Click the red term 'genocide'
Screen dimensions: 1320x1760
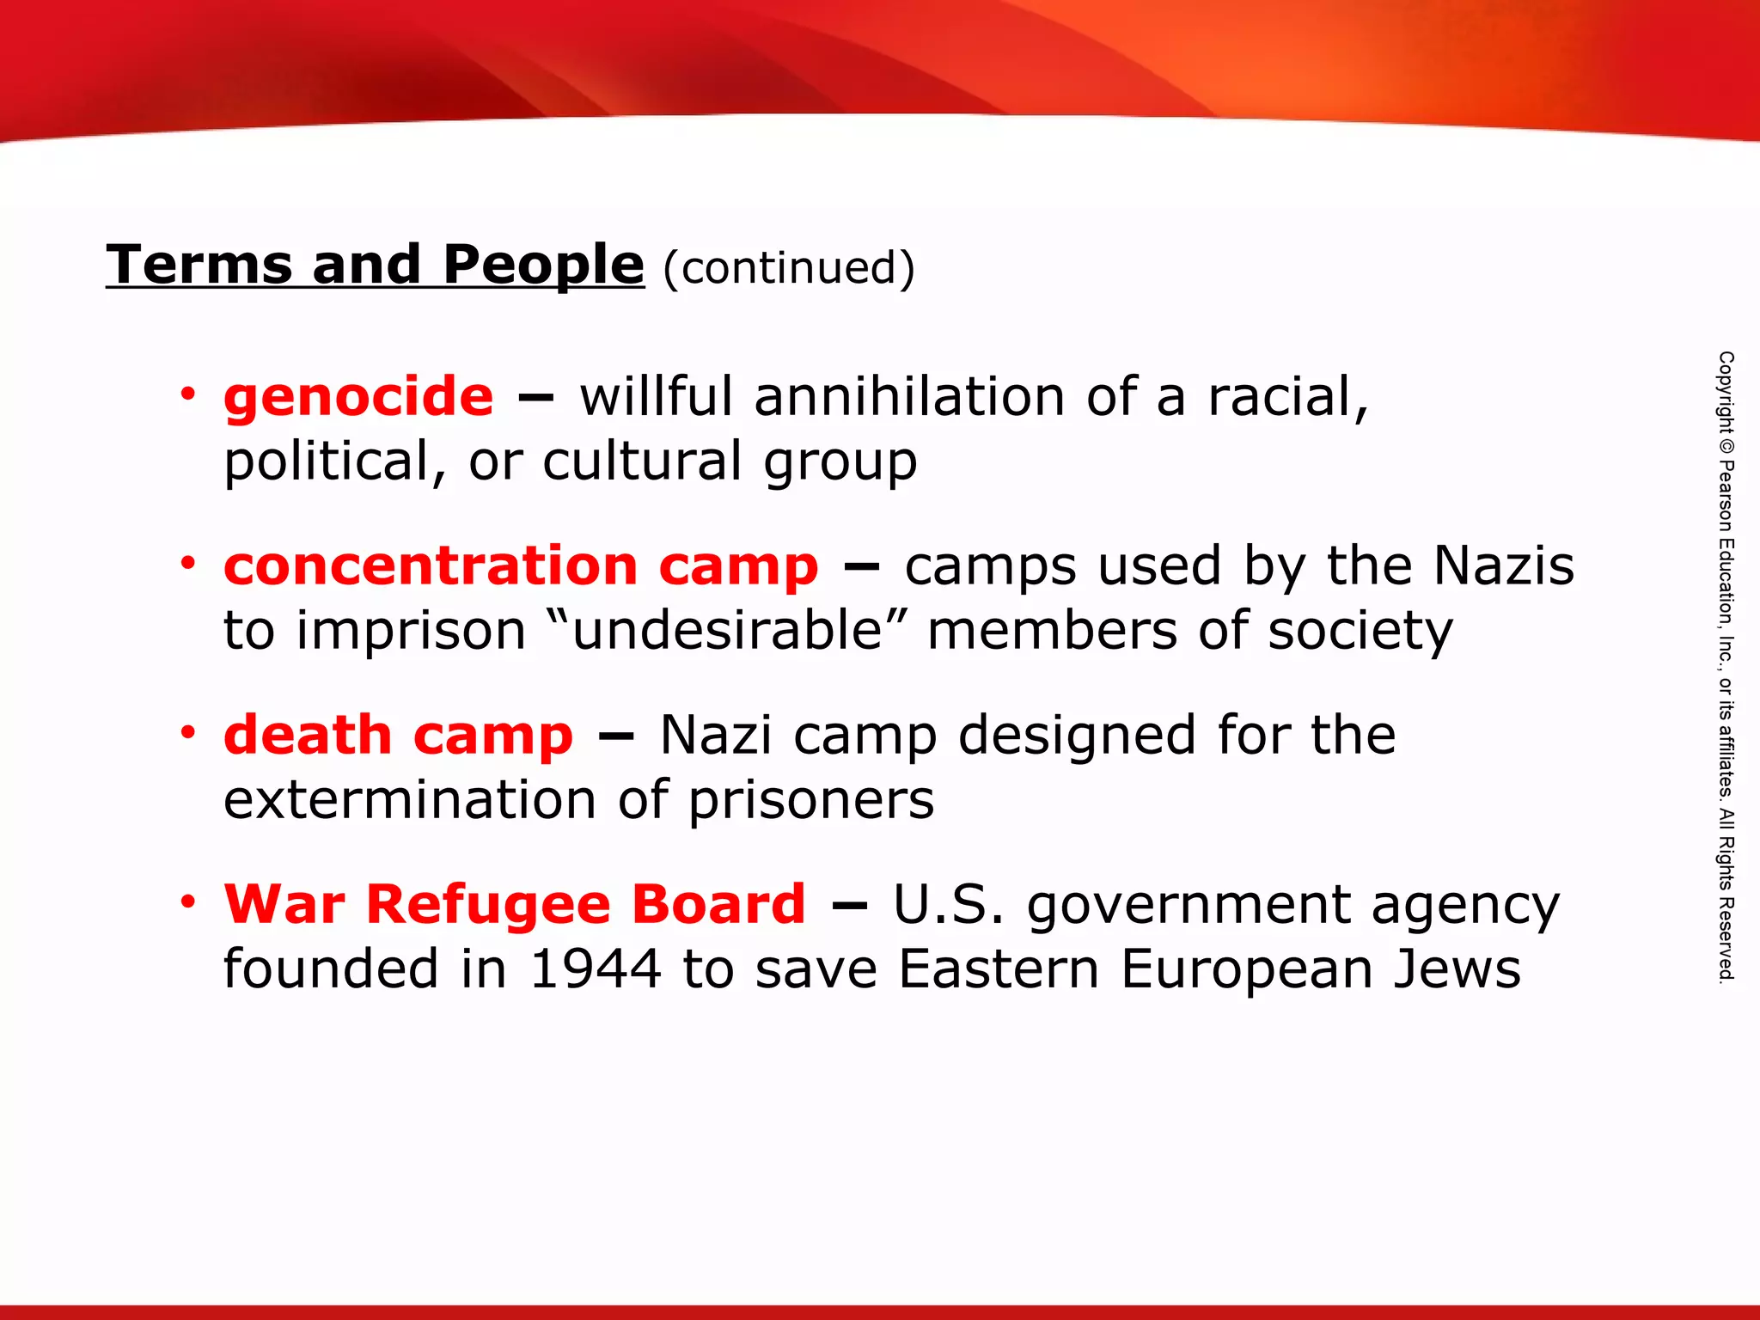click(x=358, y=398)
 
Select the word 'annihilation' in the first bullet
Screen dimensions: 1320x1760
click(x=909, y=398)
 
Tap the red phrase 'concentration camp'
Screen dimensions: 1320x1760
click(x=521, y=567)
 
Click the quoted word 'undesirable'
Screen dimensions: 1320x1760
click(x=727, y=631)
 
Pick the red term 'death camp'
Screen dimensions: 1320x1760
click(x=398, y=736)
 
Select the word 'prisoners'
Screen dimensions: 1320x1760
click(x=811, y=801)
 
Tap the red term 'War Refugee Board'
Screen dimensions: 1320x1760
click(x=515, y=905)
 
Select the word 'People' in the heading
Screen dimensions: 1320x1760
click(x=543, y=264)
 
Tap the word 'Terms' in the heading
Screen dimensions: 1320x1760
click(x=199, y=264)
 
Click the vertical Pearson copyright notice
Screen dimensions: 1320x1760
click(x=1726, y=666)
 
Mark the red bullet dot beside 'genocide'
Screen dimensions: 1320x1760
click(x=188, y=394)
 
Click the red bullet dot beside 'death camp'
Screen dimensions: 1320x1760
click(x=188, y=733)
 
